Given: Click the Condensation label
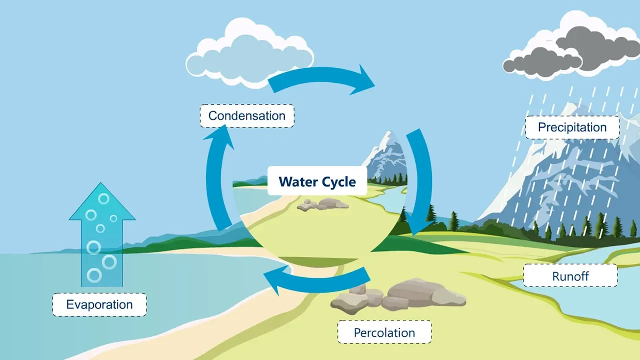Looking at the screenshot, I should point(247,116).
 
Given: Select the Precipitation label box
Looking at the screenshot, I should point(572,127).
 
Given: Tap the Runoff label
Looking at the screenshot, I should point(570,275).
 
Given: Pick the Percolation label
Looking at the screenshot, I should point(384,332).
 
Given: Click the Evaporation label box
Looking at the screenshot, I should point(99,304).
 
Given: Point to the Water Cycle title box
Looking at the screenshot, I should point(317,180).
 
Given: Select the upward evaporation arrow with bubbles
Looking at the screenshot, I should point(102,240).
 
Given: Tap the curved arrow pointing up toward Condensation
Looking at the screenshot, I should point(218,175).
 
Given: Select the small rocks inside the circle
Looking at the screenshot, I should point(322,204).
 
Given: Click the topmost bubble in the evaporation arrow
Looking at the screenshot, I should point(103,198).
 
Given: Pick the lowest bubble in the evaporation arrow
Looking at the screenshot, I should point(94,275).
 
